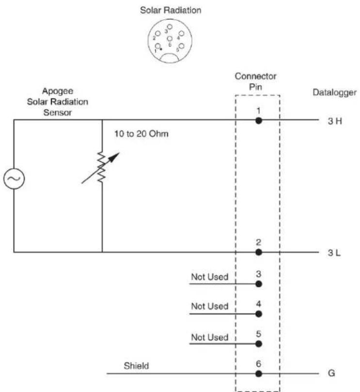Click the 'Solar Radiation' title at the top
coord(171,10)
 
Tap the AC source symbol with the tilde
coord(14,178)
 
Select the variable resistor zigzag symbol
coord(101,167)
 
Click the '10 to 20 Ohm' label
coord(141,134)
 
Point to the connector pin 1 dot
coord(259,121)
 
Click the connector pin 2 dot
coord(259,252)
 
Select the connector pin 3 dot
coord(259,284)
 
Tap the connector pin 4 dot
coord(259,314)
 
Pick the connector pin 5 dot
coord(259,344)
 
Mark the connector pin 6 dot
coord(259,374)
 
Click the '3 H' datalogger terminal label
coord(335,121)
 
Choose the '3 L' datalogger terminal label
coord(334,253)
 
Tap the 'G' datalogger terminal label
coord(331,373)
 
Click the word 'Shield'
coord(136,366)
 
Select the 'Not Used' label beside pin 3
coord(210,277)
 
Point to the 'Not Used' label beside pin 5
coord(210,337)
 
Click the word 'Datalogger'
coord(334,93)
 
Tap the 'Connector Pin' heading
coord(255,81)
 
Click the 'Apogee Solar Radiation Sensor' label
coord(58,102)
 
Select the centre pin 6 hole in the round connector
coord(170,39)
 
